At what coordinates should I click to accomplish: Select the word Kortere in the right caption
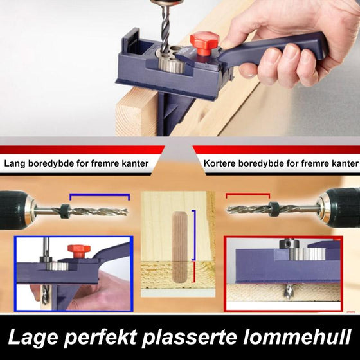220,163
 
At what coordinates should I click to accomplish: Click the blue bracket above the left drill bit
99,195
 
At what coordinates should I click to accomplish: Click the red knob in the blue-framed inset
78,248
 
